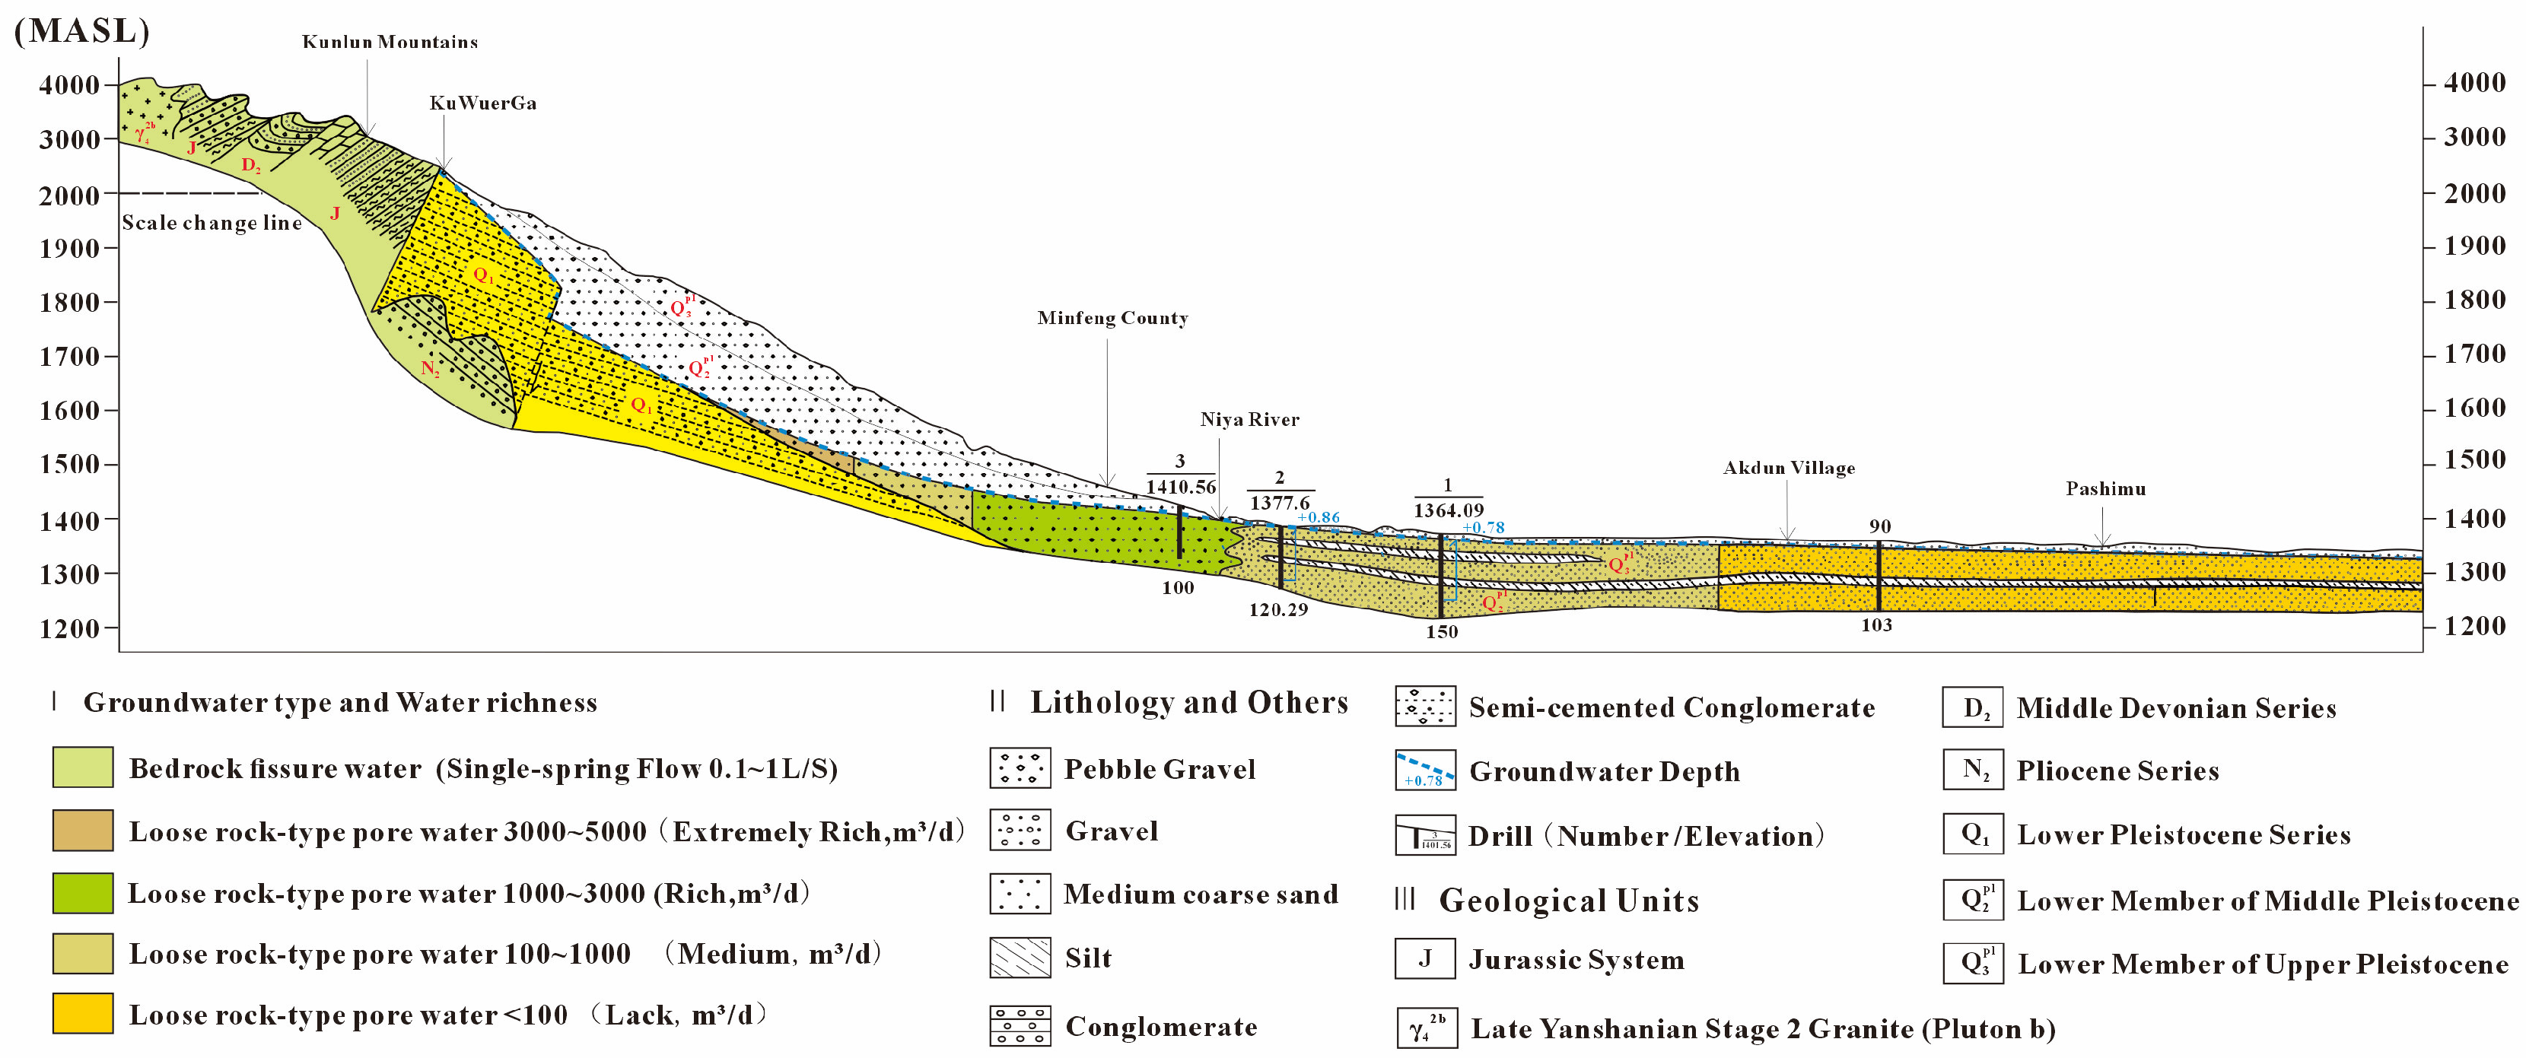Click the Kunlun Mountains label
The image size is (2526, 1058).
click(x=390, y=42)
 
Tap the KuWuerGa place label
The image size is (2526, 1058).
click(x=482, y=103)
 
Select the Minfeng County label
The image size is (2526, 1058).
click(x=1112, y=318)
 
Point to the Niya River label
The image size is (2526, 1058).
click(x=1249, y=420)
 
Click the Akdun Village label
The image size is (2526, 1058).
click(x=1789, y=468)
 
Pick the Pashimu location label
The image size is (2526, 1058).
click(x=2105, y=488)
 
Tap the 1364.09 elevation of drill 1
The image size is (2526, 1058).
click(x=1449, y=510)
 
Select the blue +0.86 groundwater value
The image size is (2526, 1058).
click(x=1318, y=518)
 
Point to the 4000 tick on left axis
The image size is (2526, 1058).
click(x=68, y=85)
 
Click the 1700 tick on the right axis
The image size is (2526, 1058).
click(x=2474, y=354)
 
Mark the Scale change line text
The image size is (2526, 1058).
click(x=212, y=223)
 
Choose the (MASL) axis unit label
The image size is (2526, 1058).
click(x=81, y=30)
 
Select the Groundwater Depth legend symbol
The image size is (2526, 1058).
click(x=1425, y=770)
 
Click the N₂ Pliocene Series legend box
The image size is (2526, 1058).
click(x=1972, y=770)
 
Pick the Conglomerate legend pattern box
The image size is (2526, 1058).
click(x=1020, y=1025)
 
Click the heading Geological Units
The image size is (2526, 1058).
click(x=1568, y=900)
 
